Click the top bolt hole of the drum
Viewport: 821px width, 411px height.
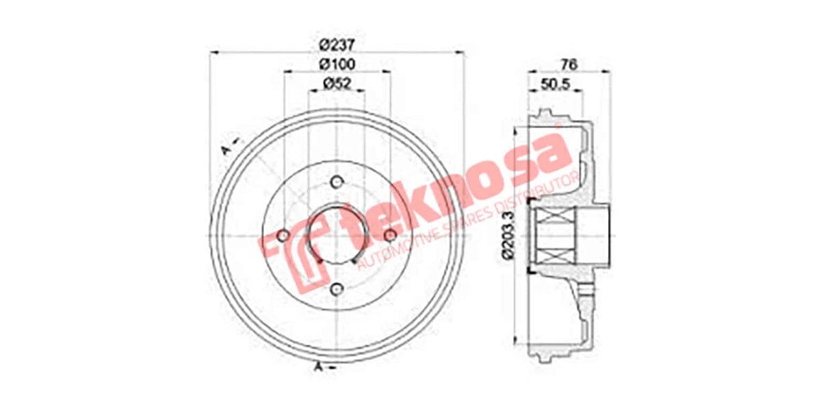click(x=336, y=182)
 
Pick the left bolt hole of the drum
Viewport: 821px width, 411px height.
click(x=283, y=236)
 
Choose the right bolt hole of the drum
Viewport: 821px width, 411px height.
click(x=390, y=236)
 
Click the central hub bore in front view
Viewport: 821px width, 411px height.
click(x=336, y=236)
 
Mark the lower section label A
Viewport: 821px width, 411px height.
click(x=319, y=368)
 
